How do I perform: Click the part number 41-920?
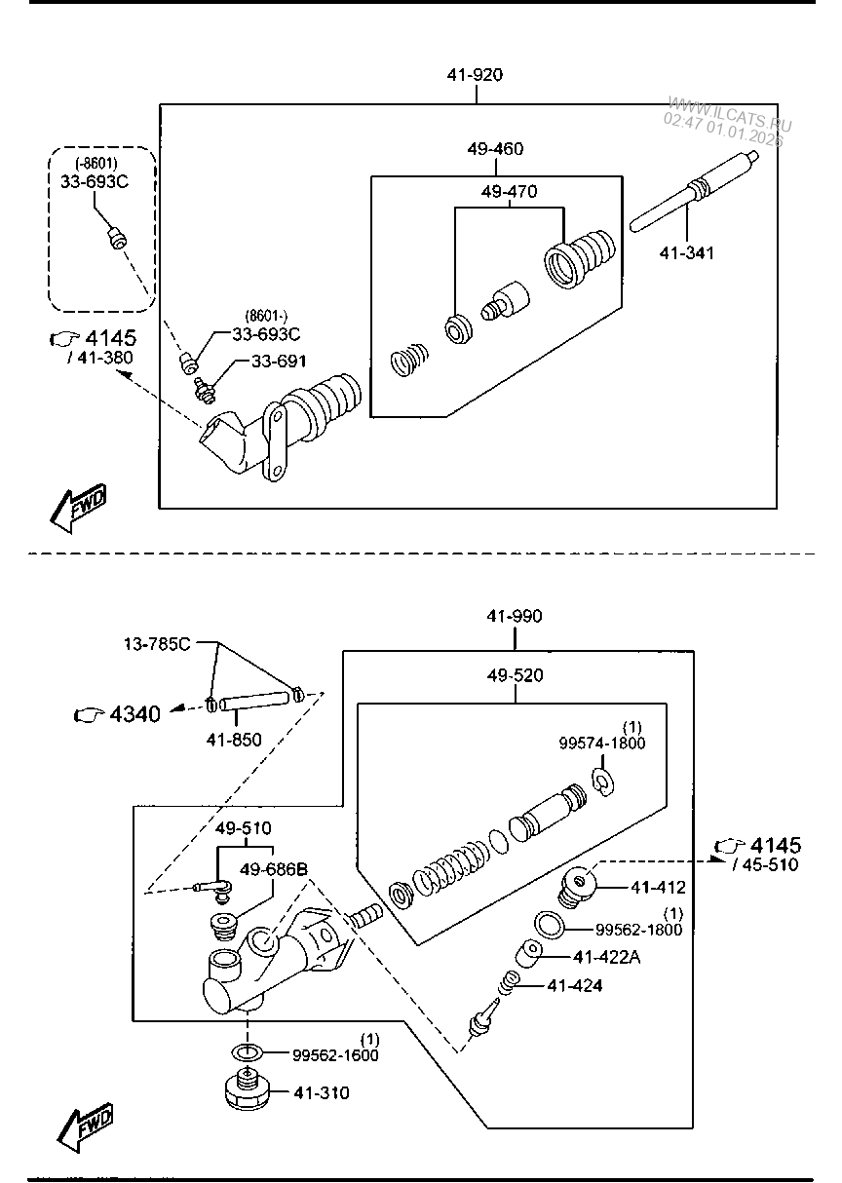click(475, 75)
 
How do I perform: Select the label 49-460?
click(495, 149)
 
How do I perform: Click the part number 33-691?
click(279, 362)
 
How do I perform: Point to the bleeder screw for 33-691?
click(204, 392)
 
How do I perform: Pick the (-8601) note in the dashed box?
click(96, 163)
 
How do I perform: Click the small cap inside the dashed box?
click(117, 237)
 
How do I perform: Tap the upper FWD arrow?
click(78, 508)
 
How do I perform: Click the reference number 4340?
click(134, 714)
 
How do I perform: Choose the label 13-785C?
click(157, 644)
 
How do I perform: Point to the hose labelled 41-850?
click(254, 701)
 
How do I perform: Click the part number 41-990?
click(514, 616)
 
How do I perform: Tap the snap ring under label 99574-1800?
click(602, 782)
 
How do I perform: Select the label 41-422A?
click(606, 958)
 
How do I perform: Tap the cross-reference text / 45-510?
click(765, 865)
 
